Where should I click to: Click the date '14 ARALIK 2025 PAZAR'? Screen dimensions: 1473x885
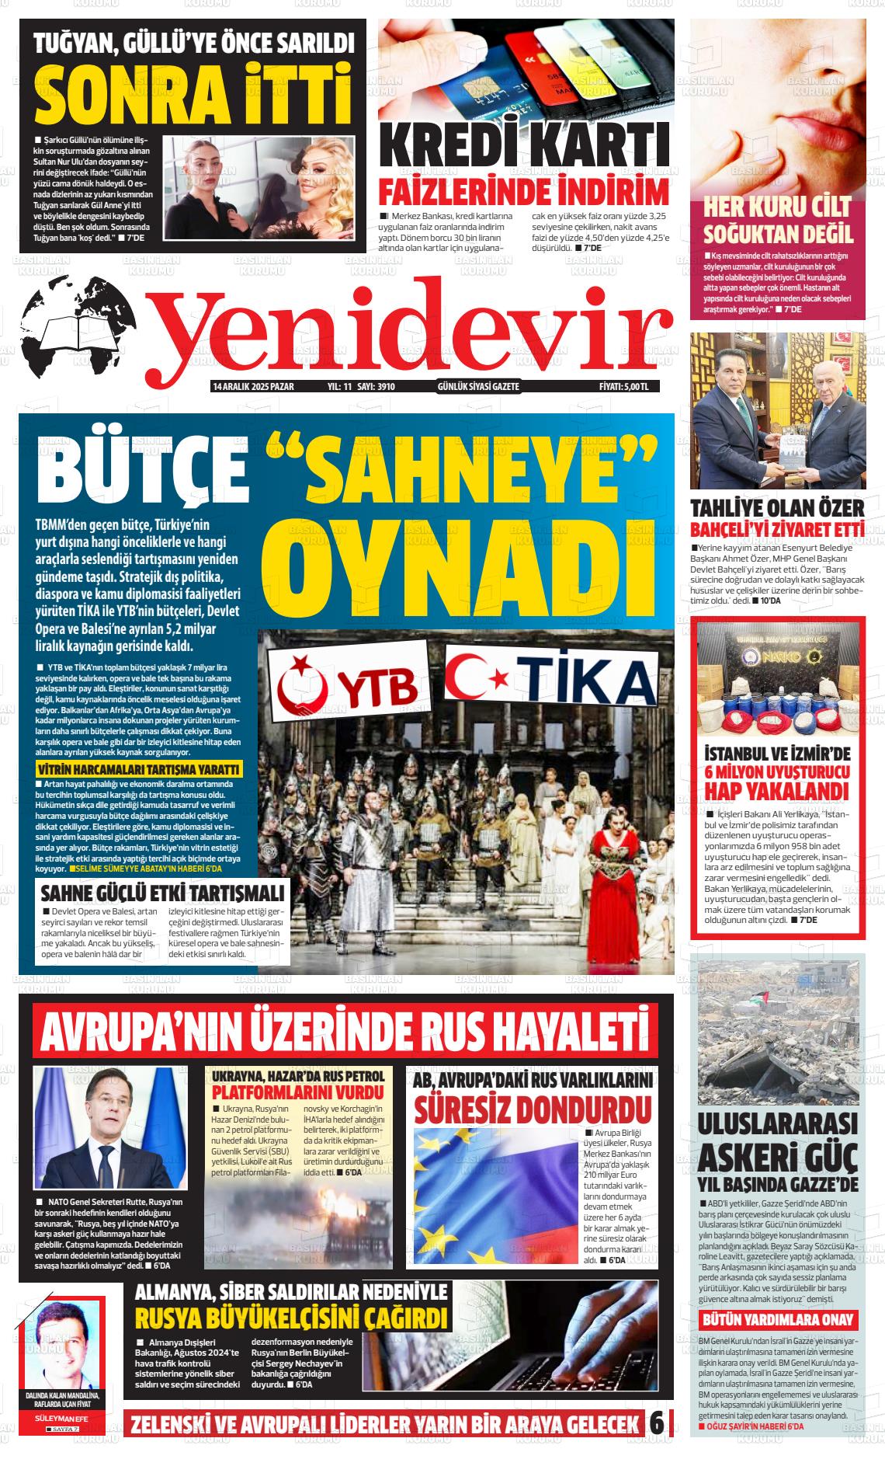point(252,386)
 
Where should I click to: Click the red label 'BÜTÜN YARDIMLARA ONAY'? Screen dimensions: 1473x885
point(778,1319)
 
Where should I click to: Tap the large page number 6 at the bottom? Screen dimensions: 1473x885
point(657,1423)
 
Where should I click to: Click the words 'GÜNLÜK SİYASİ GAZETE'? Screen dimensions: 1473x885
point(478,386)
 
